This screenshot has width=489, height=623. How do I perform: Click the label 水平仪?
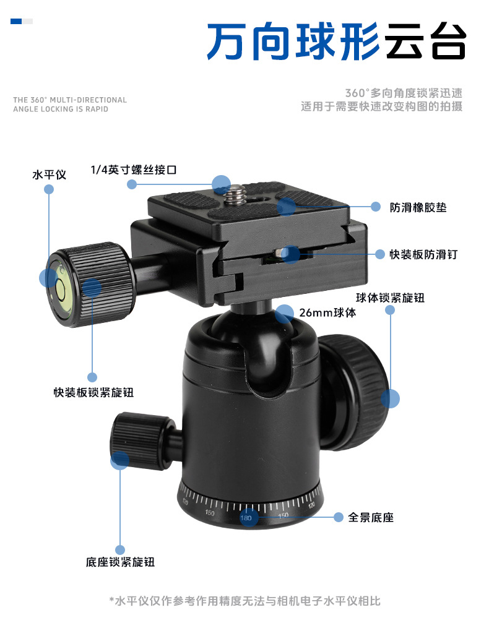point(49,175)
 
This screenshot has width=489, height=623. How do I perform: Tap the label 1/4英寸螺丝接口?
point(133,170)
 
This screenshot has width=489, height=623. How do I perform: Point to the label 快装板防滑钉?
point(423,254)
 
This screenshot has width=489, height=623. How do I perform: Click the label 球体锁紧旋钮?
point(390,298)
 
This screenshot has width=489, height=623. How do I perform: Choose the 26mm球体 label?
point(327,312)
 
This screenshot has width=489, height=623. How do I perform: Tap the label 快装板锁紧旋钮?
point(93,392)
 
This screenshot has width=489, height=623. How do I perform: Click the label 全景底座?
point(371,517)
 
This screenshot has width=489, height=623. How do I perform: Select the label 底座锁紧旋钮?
point(120,562)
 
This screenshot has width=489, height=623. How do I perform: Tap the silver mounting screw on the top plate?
point(235,195)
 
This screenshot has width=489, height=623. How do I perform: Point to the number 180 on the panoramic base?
point(246,518)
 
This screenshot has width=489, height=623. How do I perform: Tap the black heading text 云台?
point(425,41)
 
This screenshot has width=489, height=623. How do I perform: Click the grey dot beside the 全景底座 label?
point(338,517)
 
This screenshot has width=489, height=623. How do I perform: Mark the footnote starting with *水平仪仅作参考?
point(244,601)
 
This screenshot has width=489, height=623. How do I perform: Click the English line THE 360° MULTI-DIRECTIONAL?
point(70,100)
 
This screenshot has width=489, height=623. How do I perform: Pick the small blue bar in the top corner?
point(16,22)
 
